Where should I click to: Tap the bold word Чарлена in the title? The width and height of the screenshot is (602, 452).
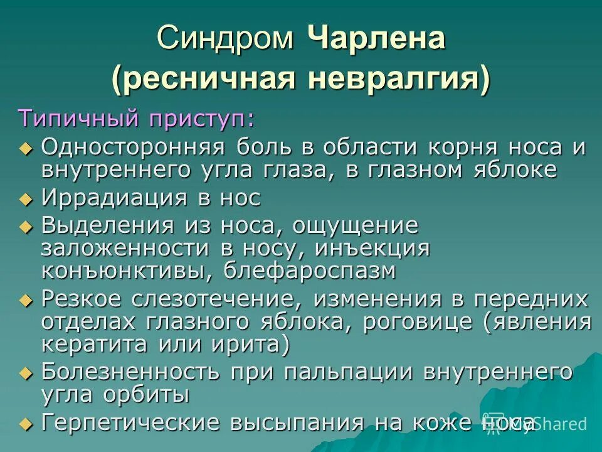click(376, 38)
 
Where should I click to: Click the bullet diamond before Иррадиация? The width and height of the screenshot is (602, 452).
click(25, 199)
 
